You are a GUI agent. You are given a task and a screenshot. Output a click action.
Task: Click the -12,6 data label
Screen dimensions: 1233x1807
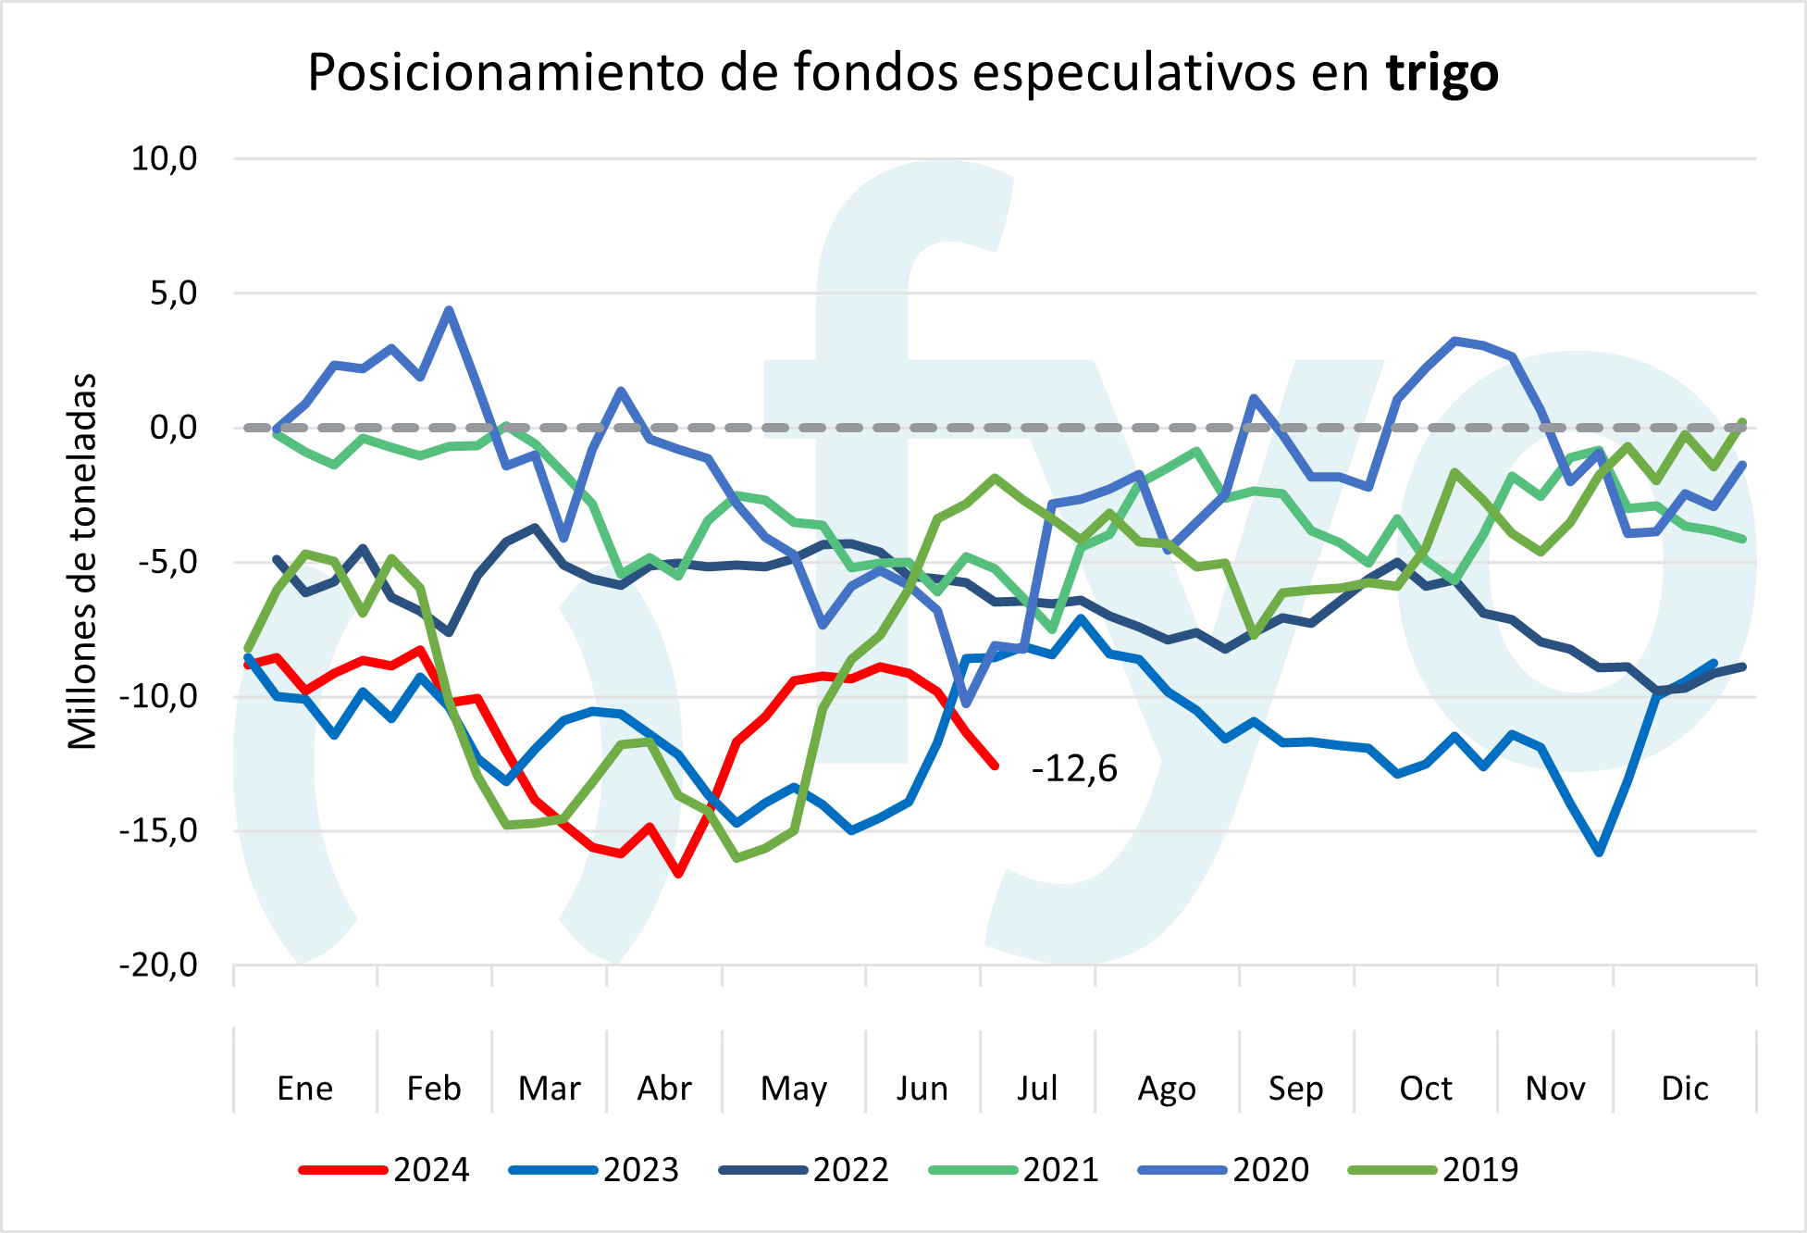click(1074, 769)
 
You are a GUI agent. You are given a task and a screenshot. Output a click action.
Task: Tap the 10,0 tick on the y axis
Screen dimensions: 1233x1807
click(164, 159)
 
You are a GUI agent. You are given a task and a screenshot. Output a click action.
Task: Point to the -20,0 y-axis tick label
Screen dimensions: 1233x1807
click(158, 965)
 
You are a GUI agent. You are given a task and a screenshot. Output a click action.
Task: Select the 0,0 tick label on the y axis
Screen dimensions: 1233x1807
click(173, 428)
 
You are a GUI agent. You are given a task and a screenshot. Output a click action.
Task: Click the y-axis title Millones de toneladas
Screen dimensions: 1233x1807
click(83, 561)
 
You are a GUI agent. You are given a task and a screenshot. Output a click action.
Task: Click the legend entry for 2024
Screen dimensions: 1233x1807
click(384, 1170)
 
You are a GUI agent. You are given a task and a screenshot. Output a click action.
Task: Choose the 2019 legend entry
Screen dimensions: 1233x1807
click(1433, 1170)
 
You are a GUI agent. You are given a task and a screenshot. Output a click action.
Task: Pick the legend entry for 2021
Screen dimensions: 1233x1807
click(1014, 1170)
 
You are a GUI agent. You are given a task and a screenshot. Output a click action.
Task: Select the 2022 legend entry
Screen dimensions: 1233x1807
click(804, 1170)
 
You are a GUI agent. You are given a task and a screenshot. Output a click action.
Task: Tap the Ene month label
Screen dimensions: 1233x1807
click(304, 1089)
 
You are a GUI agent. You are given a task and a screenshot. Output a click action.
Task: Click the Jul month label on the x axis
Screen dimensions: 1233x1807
click(1036, 1089)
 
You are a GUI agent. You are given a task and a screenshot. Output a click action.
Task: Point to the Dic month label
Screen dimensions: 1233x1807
click(1684, 1089)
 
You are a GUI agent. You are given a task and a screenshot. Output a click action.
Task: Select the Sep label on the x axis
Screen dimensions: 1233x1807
click(1295, 1089)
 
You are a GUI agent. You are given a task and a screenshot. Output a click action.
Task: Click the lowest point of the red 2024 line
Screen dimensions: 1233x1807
click(679, 874)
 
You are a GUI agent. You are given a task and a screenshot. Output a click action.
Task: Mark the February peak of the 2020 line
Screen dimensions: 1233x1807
click(449, 310)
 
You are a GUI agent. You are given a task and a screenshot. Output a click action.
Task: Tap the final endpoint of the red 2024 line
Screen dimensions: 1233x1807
click(996, 766)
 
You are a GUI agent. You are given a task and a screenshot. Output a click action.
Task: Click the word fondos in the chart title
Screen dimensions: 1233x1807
click(876, 72)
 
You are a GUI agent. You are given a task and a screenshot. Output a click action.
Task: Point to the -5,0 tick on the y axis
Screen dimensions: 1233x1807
click(167, 562)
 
